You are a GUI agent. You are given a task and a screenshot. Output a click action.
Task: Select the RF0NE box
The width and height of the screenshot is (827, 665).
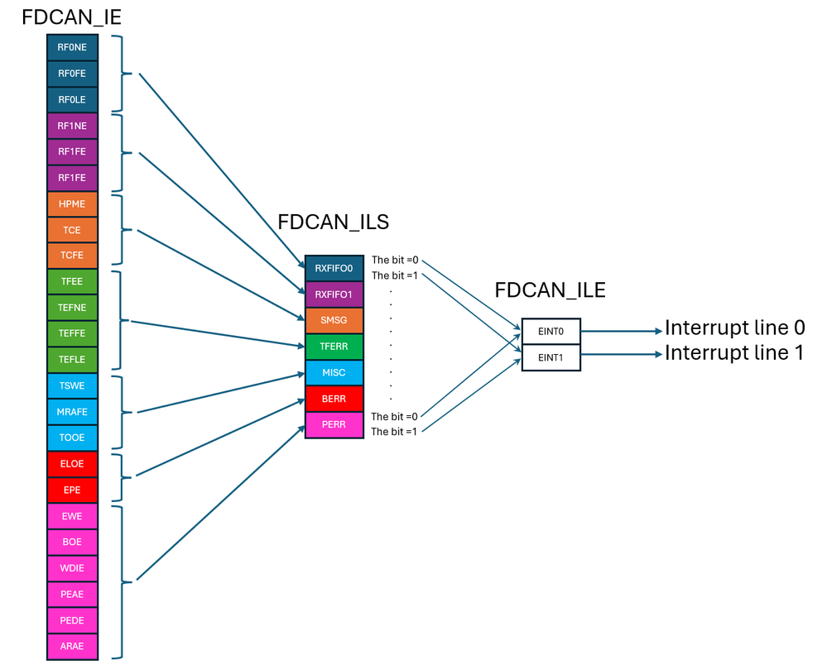coord(72,47)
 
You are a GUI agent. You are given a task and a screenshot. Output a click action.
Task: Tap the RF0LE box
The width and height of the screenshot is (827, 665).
coord(72,99)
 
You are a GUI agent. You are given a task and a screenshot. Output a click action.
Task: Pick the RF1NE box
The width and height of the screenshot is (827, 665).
coord(72,126)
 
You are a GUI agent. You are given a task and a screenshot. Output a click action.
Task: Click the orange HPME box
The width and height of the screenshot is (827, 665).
coord(72,203)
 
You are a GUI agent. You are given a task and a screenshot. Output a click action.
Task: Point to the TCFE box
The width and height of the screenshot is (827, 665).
coord(72,256)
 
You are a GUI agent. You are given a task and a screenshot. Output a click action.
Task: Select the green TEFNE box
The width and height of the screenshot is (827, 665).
coord(72,308)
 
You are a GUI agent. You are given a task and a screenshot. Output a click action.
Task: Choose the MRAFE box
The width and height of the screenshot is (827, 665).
coord(72,412)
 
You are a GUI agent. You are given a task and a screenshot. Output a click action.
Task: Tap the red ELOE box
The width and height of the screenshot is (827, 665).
coord(72,464)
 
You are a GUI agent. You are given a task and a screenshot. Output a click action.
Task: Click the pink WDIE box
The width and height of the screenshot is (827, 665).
coord(72,568)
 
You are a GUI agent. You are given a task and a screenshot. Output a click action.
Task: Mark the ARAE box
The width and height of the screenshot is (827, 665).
coord(72,646)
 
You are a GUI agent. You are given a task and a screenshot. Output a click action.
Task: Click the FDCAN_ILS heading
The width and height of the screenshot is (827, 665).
coord(333,222)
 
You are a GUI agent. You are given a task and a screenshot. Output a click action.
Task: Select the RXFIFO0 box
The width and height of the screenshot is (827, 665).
coord(334,268)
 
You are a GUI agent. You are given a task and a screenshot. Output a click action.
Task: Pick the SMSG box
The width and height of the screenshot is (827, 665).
coord(334,320)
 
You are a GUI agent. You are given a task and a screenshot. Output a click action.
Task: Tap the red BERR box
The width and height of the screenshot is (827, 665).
coord(334,399)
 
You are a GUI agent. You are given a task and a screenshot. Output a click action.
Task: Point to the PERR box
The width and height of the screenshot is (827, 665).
coord(334,425)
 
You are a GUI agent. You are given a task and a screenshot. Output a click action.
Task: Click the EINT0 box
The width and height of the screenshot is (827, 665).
coord(551,332)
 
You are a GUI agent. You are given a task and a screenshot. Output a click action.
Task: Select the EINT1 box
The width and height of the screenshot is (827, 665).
coord(551,358)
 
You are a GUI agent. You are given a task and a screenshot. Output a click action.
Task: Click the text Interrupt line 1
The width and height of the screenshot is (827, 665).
coord(734,353)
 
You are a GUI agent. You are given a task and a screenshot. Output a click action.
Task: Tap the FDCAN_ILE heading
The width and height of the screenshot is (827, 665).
coord(550,290)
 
